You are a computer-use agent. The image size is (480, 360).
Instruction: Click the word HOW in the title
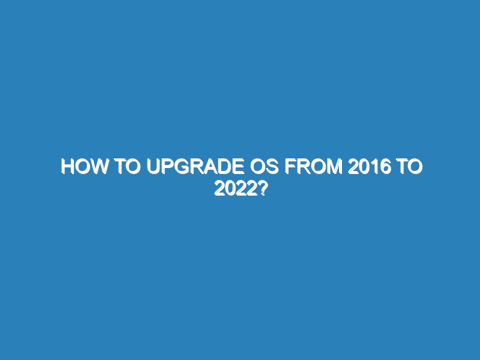[x=84, y=167]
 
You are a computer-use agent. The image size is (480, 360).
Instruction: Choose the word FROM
[x=313, y=167]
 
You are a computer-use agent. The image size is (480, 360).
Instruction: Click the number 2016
[x=370, y=167]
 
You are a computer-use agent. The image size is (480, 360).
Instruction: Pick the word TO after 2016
[x=410, y=167]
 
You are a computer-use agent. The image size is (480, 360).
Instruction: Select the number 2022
[x=235, y=188]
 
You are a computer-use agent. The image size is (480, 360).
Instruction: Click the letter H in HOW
[x=67, y=167]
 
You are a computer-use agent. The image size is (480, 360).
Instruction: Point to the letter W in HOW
[x=99, y=167]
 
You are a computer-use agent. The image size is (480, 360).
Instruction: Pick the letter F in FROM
[x=290, y=167]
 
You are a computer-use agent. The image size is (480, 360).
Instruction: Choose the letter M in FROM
[x=335, y=167]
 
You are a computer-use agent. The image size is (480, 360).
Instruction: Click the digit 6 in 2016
[x=386, y=167]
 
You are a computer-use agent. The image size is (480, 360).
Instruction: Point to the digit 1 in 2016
[x=374, y=167]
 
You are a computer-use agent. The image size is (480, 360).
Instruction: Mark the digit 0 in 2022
[x=230, y=188]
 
